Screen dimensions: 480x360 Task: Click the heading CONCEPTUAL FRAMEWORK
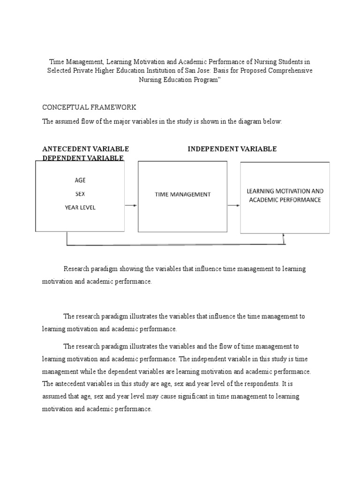89,107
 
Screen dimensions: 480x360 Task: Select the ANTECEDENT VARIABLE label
85,149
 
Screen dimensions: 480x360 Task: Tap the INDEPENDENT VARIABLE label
232,149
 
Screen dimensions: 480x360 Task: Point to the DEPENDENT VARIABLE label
83,158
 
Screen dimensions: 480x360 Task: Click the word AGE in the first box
80,180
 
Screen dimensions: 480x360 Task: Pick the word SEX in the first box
80,194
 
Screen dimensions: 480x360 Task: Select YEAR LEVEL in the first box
80,207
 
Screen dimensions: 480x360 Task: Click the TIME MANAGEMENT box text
183,194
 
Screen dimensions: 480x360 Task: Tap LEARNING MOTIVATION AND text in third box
285,191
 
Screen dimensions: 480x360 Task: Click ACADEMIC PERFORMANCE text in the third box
285,199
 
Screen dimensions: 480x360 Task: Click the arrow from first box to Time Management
131,205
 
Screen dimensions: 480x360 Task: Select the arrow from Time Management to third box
233,205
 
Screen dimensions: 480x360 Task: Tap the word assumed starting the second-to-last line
55,396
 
